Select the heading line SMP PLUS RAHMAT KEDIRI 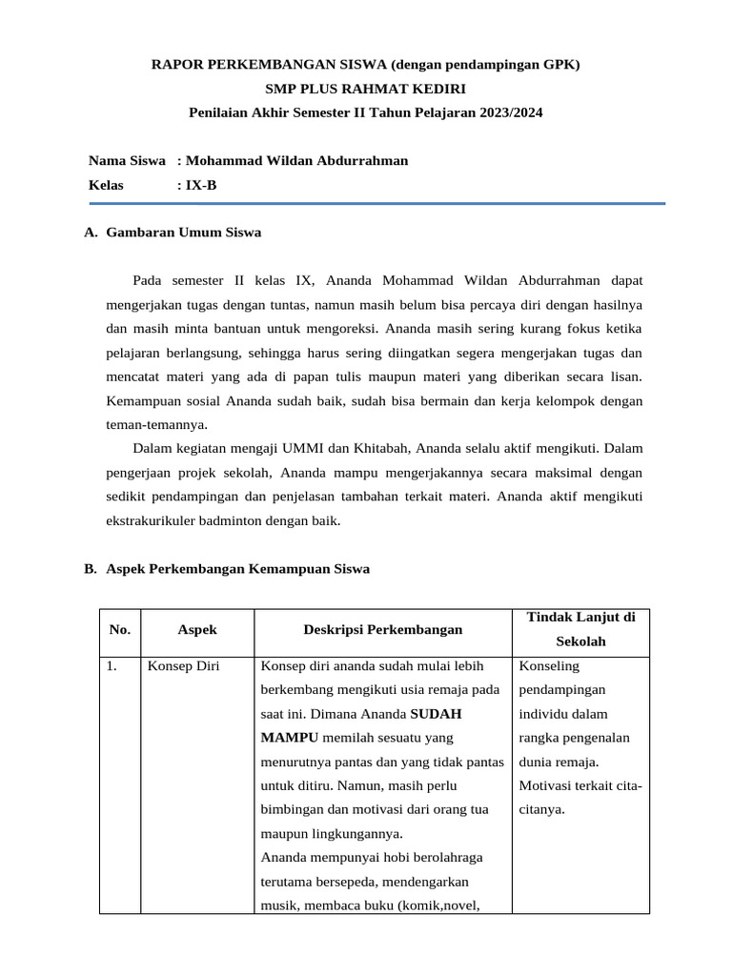pyautogui.click(x=366, y=89)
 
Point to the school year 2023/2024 pyautogui.click(x=510, y=112)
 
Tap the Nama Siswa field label pyautogui.click(x=127, y=160)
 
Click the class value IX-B pyautogui.click(x=201, y=185)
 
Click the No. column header pyautogui.click(x=119, y=629)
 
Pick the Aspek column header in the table pyautogui.click(x=197, y=629)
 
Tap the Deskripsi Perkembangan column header pyautogui.click(x=382, y=629)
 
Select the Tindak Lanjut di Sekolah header pyautogui.click(x=581, y=629)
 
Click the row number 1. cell pyautogui.click(x=112, y=666)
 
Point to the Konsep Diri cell pyautogui.click(x=183, y=666)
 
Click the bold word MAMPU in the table pyautogui.click(x=291, y=737)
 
